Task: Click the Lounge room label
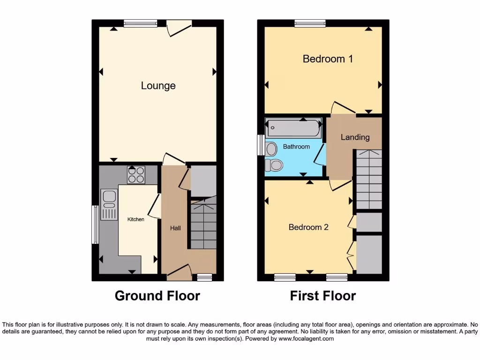pyautogui.click(x=158, y=86)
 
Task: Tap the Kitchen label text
pyautogui.click(x=136, y=219)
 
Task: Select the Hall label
pyautogui.click(x=175, y=228)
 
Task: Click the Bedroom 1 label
pyautogui.click(x=328, y=59)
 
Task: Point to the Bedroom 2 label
pyautogui.click(x=308, y=227)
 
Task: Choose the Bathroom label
pyautogui.click(x=296, y=147)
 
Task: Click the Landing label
pyautogui.click(x=355, y=137)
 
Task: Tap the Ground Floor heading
pyautogui.click(x=157, y=296)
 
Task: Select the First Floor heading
pyautogui.click(x=323, y=296)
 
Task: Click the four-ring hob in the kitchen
pyautogui.click(x=136, y=175)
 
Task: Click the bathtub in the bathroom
pyautogui.click(x=293, y=128)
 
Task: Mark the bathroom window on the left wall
pyautogui.click(x=261, y=145)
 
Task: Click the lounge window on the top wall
pyautogui.click(x=141, y=23)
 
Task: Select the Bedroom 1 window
pyautogui.click(x=310, y=23)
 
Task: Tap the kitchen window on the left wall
pyautogui.click(x=95, y=225)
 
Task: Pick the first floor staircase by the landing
pyautogui.click(x=369, y=179)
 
